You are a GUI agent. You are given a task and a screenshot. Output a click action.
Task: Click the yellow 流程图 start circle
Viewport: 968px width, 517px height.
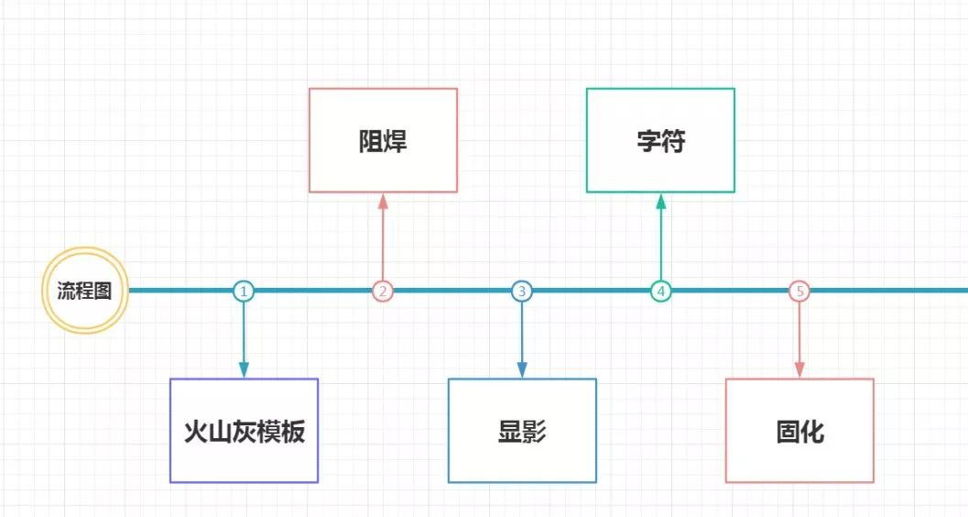(x=84, y=291)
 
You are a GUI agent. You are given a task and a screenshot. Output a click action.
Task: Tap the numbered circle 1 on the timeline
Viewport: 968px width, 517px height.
(x=244, y=291)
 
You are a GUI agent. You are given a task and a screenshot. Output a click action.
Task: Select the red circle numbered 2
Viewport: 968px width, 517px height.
(x=383, y=291)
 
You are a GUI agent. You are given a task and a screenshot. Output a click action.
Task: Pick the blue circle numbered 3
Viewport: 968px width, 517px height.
(x=522, y=291)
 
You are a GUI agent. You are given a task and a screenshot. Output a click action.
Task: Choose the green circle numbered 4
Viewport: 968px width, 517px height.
(x=661, y=291)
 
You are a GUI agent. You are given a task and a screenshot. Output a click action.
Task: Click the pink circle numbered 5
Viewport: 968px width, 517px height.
(x=800, y=291)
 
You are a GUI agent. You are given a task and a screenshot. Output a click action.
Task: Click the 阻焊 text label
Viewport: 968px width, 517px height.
(x=383, y=142)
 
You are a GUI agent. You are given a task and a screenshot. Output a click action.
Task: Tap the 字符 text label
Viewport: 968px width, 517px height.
(x=660, y=142)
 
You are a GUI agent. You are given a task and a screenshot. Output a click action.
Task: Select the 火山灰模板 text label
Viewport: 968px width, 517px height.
(x=244, y=432)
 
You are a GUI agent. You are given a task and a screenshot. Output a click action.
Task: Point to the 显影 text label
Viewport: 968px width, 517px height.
(x=522, y=432)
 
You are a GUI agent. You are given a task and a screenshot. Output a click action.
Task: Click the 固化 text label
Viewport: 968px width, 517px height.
(x=799, y=432)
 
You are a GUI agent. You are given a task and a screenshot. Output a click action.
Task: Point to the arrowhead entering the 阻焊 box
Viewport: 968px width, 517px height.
(x=383, y=201)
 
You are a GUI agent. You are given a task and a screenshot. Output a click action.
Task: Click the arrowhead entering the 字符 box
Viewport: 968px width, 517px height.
(x=661, y=201)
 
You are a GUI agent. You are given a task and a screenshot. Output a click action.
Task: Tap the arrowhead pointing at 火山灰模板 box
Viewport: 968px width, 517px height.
(x=244, y=369)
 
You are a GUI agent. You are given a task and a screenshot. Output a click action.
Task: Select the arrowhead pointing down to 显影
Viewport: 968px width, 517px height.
(x=522, y=369)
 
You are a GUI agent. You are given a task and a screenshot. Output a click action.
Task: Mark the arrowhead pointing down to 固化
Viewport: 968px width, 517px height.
(x=800, y=369)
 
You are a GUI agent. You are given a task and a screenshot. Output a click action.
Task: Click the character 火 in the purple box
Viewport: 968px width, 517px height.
(x=195, y=432)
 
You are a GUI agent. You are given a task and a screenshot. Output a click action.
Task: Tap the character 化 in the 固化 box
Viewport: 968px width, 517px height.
(x=812, y=432)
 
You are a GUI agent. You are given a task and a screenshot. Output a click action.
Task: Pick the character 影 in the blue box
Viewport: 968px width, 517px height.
(x=535, y=432)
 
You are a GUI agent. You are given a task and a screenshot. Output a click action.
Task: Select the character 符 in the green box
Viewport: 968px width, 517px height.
(x=673, y=142)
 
